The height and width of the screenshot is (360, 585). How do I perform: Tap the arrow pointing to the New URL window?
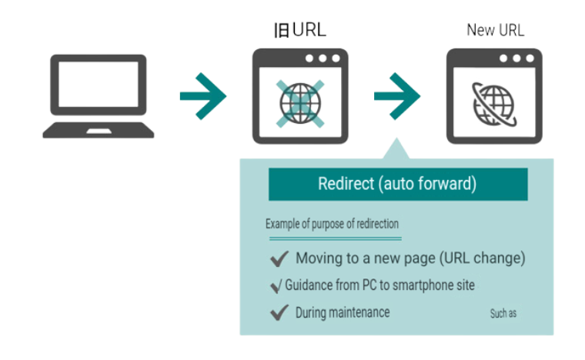pos(396,95)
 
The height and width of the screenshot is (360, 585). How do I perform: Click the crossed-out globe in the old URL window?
pos(299,103)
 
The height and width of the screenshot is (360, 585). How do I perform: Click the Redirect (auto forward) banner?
pos(397,185)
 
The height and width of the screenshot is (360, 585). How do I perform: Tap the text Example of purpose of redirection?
pos(332,224)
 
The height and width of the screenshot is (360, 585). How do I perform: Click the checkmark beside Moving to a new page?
pos(279,258)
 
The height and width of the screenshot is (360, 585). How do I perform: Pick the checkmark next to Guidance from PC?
pos(276,286)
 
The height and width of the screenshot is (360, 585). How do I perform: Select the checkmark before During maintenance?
pos(279,312)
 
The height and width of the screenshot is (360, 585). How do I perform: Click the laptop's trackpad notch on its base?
pos(98,132)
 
